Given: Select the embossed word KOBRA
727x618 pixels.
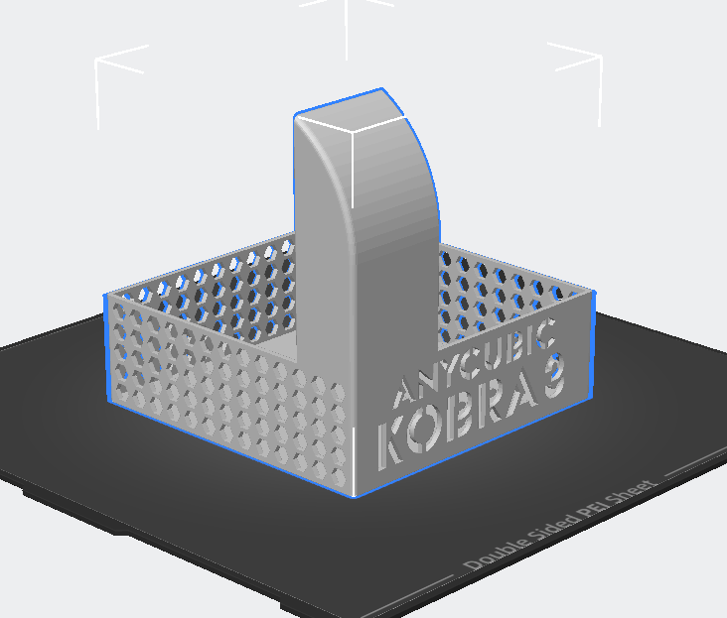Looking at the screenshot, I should click(459, 422).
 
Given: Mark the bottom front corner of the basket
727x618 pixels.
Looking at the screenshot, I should click(354, 495).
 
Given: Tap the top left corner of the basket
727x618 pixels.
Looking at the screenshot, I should click(106, 295).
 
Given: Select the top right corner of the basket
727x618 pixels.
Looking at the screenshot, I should click(593, 294).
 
